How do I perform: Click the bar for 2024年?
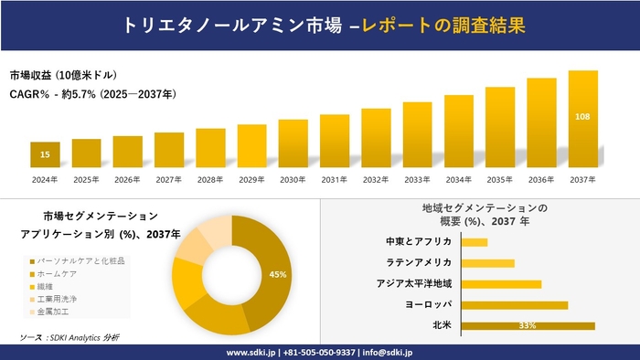coord(45,154)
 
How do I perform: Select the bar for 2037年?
coord(582,119)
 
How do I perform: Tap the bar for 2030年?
coord(293,143)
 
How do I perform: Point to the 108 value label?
coord(582,117)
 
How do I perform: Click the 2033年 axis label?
coord(417,179)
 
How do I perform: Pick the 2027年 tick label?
coord(169,179)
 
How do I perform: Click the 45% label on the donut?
coord(278,274)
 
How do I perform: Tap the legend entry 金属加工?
coord(56,312)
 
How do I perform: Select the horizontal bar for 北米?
coord(528,325)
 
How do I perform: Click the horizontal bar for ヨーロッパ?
coord(515,304)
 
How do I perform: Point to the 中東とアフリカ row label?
coord(419,241)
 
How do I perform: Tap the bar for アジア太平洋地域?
coord(502,283)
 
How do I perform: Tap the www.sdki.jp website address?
coord(252,352)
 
